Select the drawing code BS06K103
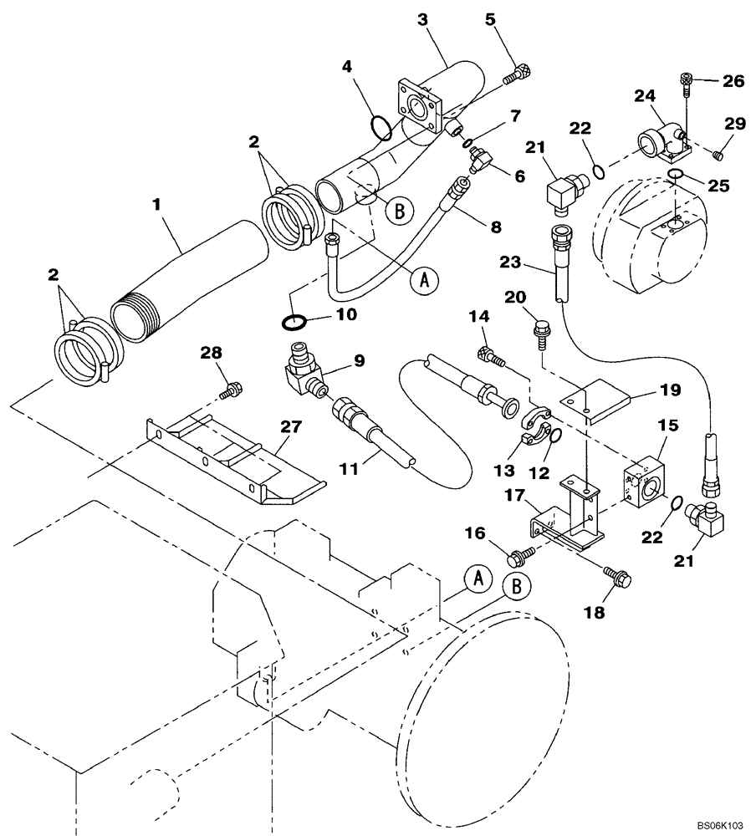click(x=720, y=824)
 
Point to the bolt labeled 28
click(x=233, y=389)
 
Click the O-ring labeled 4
click(x=381, y=128)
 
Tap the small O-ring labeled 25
click(x=676, y=174)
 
